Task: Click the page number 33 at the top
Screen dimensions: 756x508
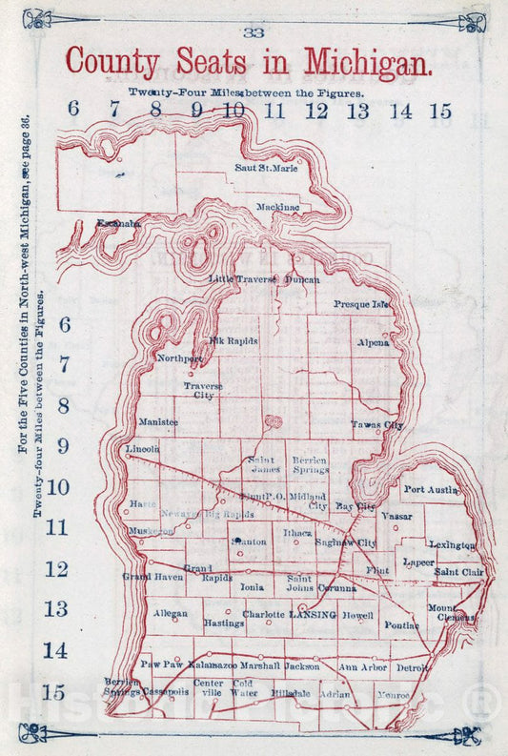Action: click(x=254, y=31)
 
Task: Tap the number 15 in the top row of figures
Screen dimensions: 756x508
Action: click(x=439, y=111)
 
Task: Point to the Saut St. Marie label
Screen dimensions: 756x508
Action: click(x=266, y=168)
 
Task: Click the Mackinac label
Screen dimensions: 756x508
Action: click(x=278, y=206)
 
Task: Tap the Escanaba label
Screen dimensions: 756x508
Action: click(x=119, y=223)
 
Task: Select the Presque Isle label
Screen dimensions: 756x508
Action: click(x=362, y=304)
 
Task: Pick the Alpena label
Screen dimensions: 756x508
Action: click(x=373, y=341)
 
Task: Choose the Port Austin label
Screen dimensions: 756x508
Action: click(x=432, y=489)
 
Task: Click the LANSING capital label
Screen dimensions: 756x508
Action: click(x=313, y=616)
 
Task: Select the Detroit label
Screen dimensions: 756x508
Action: click(x=412, y=668)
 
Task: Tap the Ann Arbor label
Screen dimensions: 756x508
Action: click(x=362, y=667)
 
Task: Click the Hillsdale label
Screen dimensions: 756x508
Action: click(x=290, y=694)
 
